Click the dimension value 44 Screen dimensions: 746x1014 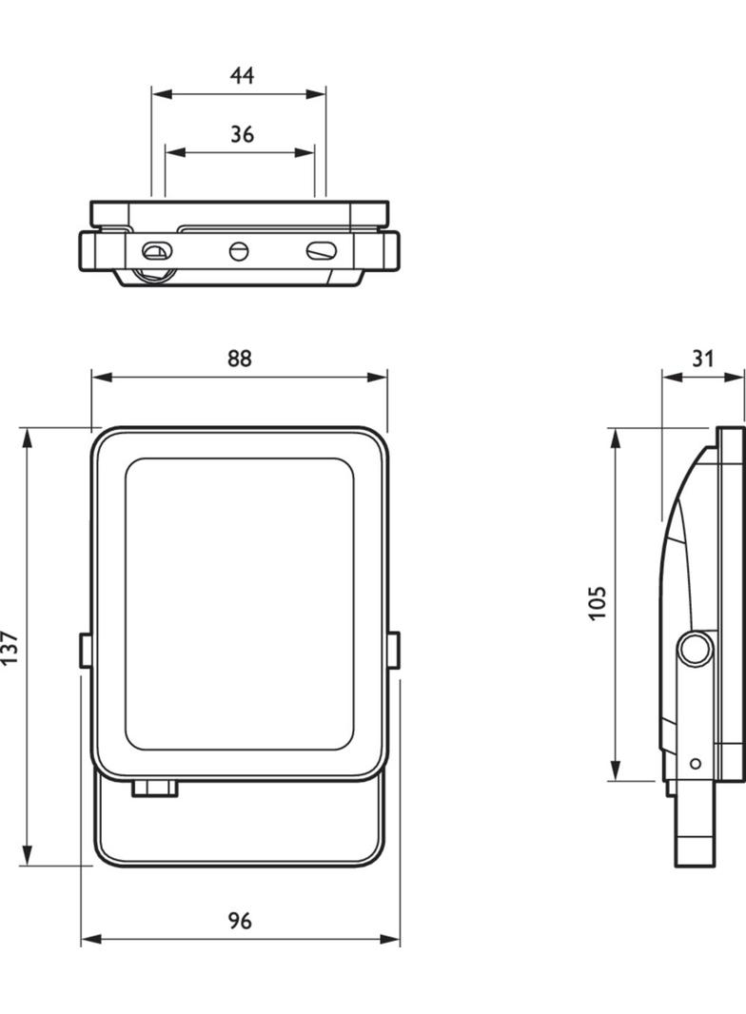click(242, 76)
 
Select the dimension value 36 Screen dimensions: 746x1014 click(242, 134)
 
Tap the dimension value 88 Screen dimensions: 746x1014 click(240, 359)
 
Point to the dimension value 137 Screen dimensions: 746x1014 click(11, 648)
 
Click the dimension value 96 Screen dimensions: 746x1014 click(240, 921)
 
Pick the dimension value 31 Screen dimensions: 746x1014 click(702, 359)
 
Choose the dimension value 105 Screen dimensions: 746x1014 click(598, 603)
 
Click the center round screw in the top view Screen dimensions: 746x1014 click(239, 250)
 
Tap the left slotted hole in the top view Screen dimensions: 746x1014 click(157, 251)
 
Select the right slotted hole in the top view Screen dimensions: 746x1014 click(322, 250)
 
